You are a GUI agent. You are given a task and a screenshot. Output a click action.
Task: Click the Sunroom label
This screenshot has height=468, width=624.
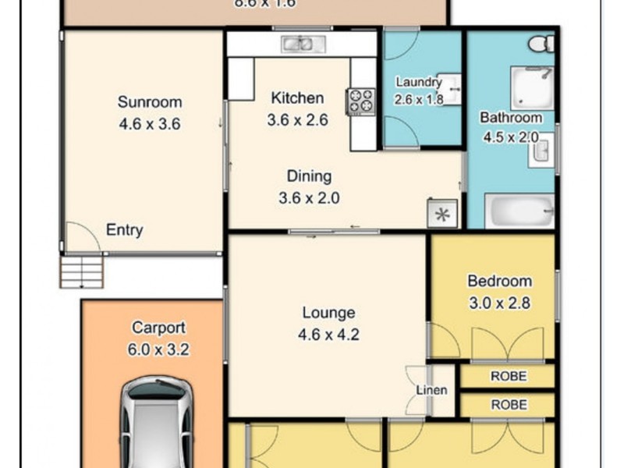pos(150,102)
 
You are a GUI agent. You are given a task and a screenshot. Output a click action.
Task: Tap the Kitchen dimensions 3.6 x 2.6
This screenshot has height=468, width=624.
pos(297,120)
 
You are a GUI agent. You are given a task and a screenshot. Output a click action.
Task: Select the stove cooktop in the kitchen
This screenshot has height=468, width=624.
pos(361,100)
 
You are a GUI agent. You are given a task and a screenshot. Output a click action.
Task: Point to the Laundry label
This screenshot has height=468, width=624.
pos(418,82)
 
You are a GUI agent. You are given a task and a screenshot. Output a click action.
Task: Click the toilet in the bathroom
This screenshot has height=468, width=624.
pos(541,44)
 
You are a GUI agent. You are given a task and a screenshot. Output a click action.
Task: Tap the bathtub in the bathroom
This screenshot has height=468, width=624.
pos(519,211)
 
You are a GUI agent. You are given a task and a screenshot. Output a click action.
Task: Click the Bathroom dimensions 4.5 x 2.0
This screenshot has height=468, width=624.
pos(511,136)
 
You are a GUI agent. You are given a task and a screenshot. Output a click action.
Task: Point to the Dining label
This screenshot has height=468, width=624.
pos(309,176)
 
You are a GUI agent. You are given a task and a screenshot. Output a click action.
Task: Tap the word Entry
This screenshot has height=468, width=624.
pos(125,230)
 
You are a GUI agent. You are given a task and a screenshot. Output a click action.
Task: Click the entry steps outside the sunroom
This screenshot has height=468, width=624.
pos(81,271)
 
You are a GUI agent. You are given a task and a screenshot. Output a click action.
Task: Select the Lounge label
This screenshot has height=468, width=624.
pos(328,314)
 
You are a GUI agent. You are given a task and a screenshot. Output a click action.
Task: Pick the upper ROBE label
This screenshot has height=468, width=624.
pos(509,377)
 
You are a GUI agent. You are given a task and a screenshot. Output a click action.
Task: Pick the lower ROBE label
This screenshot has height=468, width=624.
pos(509,405)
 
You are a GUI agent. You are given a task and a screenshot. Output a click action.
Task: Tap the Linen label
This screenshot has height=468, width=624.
pos(431,390)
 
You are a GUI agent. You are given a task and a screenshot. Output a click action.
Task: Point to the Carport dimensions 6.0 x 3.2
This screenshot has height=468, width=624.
pos(159,350)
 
